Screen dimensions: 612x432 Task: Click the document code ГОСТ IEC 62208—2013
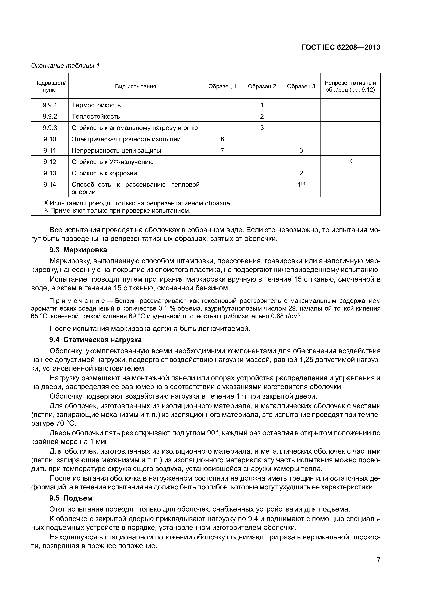pos(341,47)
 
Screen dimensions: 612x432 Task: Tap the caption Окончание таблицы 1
pos(65,66)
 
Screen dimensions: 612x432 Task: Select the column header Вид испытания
pos(136,86)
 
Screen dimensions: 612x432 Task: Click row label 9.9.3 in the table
pos(50,128)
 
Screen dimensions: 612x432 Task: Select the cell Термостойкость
pos(96,105)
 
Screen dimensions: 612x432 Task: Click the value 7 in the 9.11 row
pos(222,150)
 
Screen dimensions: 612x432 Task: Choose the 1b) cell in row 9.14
pos(301,184)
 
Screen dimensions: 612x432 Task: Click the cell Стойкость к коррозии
pos(104,173)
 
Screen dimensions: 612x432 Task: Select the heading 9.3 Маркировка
pos(78,250)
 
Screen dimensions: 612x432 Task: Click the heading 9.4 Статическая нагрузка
pos(95,340)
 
